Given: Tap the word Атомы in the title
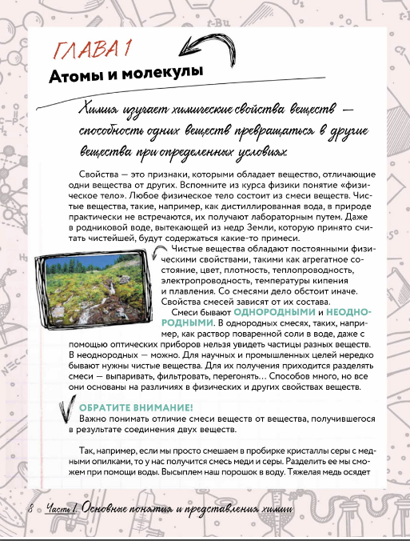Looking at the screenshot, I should [77, 76].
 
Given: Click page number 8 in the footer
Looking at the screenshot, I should [30, 508].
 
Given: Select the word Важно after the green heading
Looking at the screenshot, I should [94, 419].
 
